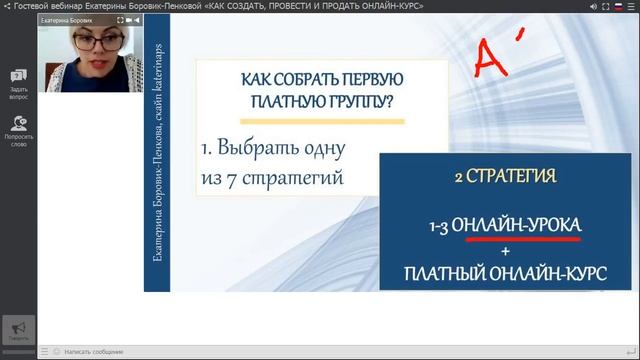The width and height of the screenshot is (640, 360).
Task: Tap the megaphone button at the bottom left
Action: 18,330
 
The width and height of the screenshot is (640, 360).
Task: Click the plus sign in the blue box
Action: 504,251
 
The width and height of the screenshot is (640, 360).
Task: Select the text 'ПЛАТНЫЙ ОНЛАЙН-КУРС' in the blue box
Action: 504,273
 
